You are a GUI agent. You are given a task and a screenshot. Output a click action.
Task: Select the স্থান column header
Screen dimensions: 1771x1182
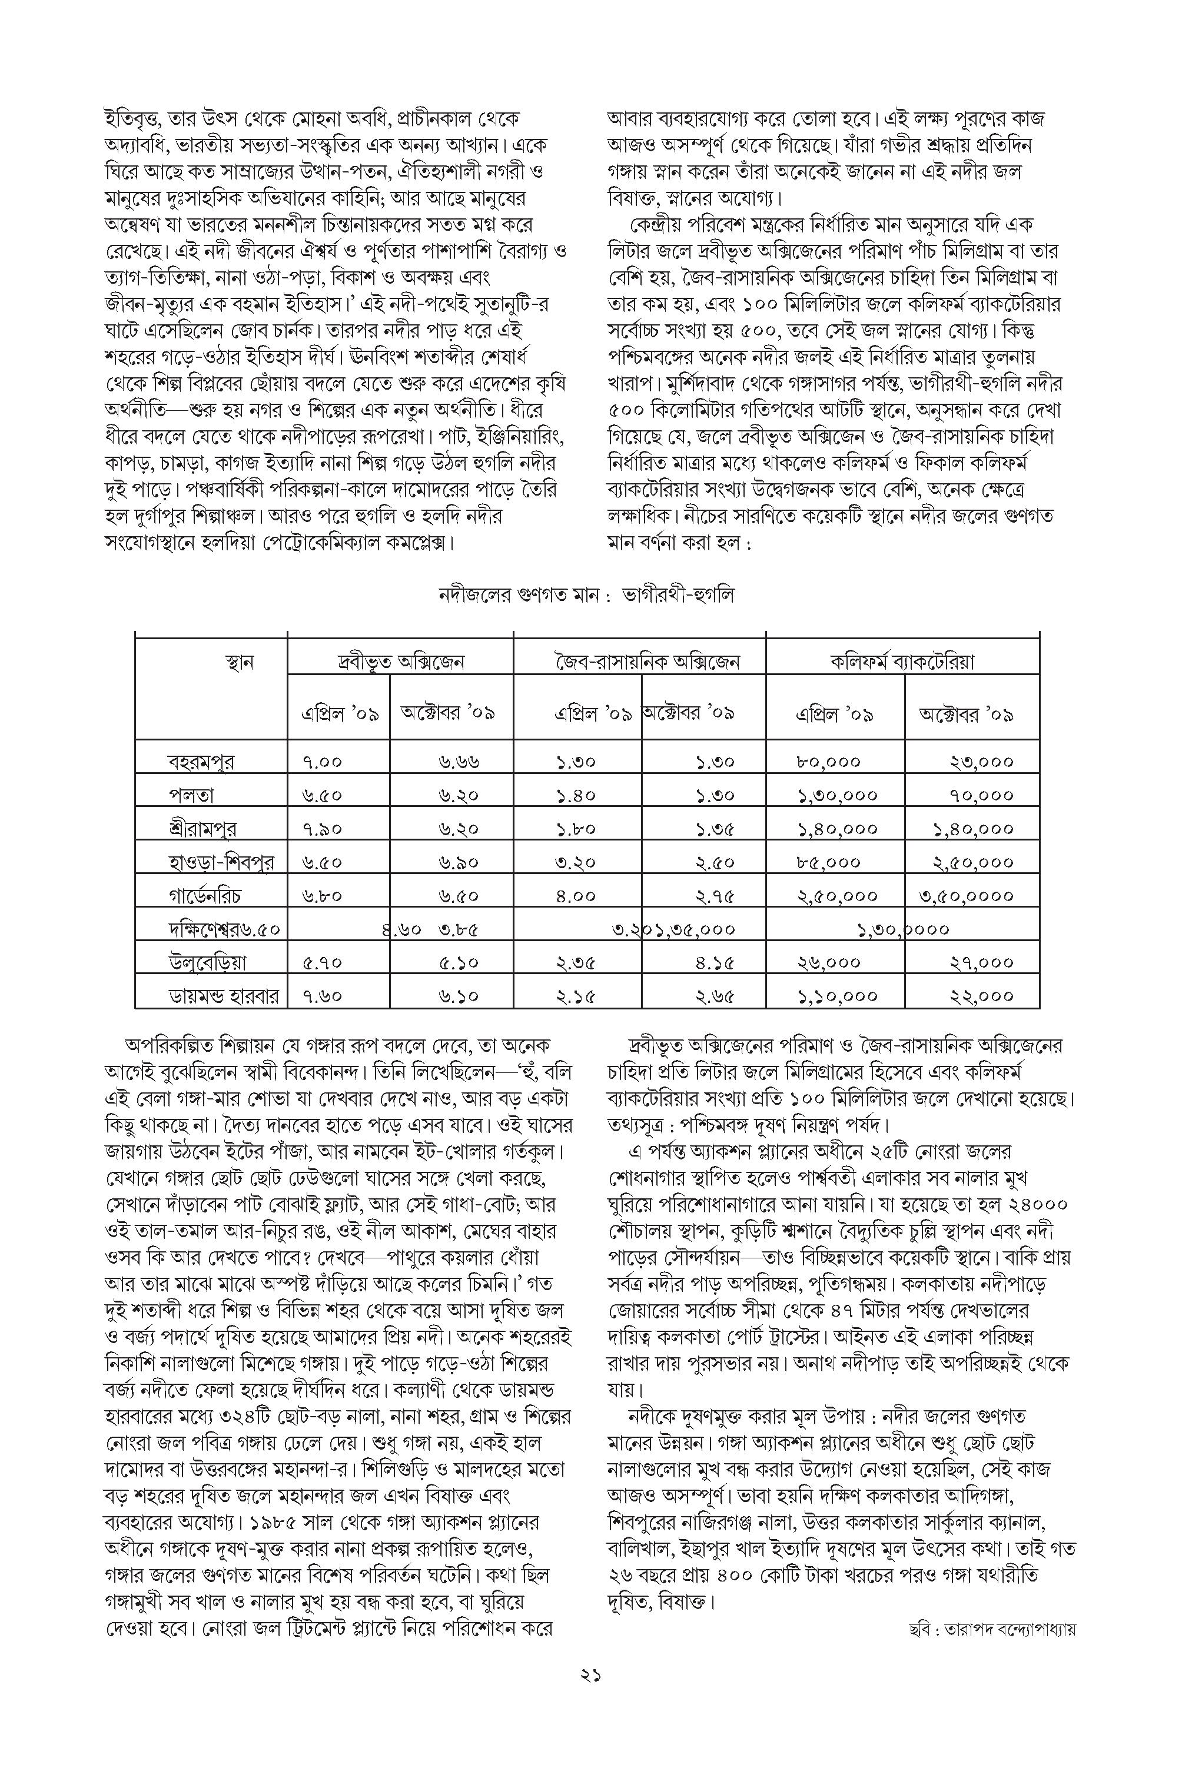240,662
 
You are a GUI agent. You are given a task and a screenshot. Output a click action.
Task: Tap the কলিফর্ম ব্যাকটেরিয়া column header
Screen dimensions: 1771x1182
902,662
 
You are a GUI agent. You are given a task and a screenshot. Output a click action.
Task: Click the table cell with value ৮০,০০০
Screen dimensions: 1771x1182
828,762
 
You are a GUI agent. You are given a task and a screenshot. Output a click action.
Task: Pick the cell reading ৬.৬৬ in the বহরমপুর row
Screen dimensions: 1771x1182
459,762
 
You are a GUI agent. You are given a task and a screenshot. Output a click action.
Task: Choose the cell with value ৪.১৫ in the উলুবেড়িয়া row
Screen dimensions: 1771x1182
715,962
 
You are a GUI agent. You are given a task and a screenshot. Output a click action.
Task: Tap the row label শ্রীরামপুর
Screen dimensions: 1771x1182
202,829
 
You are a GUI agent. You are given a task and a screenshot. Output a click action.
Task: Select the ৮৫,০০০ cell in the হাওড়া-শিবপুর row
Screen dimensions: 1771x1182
828,862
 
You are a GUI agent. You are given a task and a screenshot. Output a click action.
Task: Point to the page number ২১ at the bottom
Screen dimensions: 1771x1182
590,1696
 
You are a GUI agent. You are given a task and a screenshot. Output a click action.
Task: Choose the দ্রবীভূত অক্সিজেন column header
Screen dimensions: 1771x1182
400,662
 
